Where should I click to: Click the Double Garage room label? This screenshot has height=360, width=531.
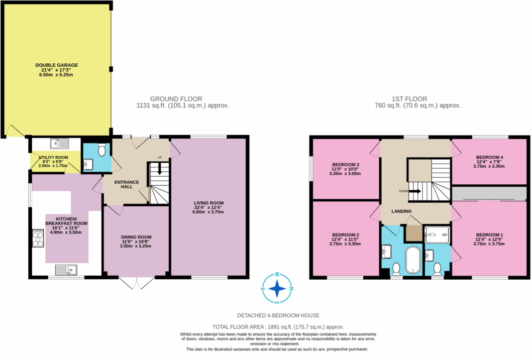56,65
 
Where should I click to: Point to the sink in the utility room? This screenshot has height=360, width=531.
62,144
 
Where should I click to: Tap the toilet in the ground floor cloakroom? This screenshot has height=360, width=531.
101,149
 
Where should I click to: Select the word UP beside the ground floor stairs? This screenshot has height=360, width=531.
160,157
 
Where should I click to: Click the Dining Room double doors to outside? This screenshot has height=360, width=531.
136,283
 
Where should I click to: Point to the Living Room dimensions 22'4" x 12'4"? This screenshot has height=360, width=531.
208,207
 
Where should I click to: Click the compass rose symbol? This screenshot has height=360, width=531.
276,289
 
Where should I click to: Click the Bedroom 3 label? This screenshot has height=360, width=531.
346,165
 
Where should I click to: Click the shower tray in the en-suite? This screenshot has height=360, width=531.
437,233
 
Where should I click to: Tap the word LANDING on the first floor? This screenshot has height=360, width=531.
401,211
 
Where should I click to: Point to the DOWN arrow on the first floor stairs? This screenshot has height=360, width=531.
414,191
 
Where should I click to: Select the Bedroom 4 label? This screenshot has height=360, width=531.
489,157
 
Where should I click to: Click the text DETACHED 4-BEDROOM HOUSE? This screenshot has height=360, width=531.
278,315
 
